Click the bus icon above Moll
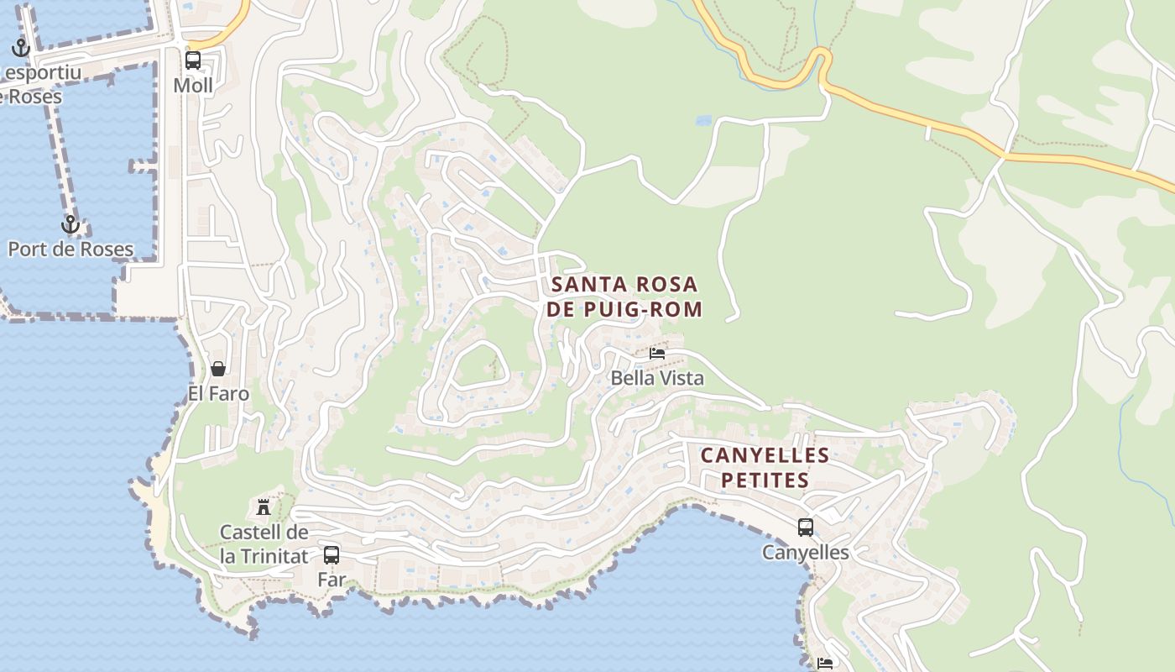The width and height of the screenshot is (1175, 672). [193, 60]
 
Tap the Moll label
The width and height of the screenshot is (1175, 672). [193, 86]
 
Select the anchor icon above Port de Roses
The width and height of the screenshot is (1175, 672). [70, 224]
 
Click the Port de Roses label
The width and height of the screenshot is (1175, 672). [70, 249]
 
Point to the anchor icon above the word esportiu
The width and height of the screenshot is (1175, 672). [21, 47]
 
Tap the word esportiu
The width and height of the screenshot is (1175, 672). [43, 72]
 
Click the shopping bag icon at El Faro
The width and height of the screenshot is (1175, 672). [218, 369]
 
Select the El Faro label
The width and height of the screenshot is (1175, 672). [218, 393]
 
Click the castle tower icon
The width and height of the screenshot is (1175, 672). [264, 507]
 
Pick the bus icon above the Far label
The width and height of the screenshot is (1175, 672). [332, 554]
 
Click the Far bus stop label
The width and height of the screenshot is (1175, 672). [332, 580]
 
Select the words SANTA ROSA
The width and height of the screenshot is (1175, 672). [624, 284]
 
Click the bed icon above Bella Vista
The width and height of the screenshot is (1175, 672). [657, 354]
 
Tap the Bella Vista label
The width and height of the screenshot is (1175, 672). [657, 378]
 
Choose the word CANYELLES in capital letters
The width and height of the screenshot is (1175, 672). [765, 455]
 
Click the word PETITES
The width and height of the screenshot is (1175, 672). [765, 480]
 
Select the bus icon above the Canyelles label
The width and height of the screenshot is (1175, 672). [806, 528]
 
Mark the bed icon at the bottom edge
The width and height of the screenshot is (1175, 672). [825, 664]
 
